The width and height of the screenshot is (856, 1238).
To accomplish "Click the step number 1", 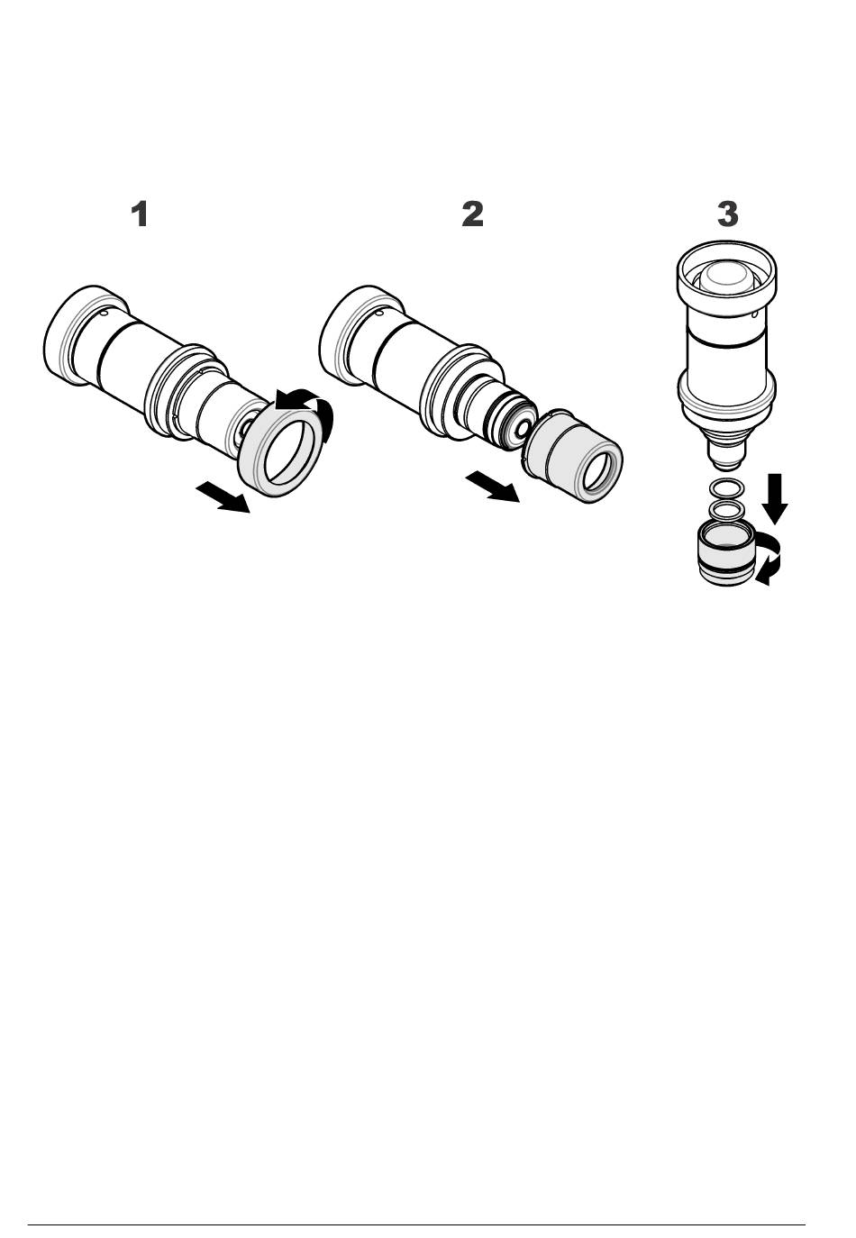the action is [140, 214].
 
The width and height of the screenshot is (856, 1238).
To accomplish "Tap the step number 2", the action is [472, 214].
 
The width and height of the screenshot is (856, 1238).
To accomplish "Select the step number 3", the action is [727, 214].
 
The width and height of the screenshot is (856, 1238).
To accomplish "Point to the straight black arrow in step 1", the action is [223, 496].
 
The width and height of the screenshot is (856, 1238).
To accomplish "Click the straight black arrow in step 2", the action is [493, 487].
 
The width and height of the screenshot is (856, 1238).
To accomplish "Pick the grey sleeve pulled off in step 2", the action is [572, 460].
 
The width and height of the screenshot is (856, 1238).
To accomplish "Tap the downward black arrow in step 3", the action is [775, 498].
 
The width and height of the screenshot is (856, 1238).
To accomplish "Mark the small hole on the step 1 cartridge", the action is [105, 313].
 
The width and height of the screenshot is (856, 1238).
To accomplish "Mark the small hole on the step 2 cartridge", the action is [379, 313].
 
